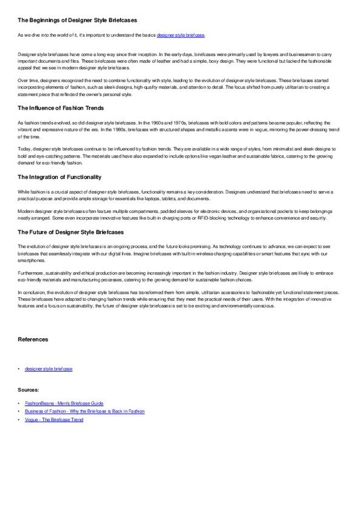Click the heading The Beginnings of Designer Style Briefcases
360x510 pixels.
pyautogui.click(x=78, y=20)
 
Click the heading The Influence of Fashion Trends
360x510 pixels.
pyautogui.click(x=61, y=108)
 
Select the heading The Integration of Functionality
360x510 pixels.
pyautogui.click(x=59, y=177)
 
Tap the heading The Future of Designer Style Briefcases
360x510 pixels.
pyautogui.click(x=70, y=232)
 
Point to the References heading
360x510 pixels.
pyautogui.click(x=33, y=339)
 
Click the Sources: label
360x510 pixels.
pyautogui.click(x=28, y=390)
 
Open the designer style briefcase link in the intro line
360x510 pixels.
pyautogui.click(x=181, y=35)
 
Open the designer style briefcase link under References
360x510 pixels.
pyautogui.click(x=49, y=369)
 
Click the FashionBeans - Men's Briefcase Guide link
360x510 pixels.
pyautogui.click(x=64, y=403)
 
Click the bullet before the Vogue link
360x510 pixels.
pyautogui.click(x=19, y=420)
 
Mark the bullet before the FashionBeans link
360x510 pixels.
pyautogui.click(x=19, y=403)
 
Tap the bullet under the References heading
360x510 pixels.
pyautogui.click(x=19, y=369)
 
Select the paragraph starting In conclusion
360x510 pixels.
pyautogui.click(x=177, y=299)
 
